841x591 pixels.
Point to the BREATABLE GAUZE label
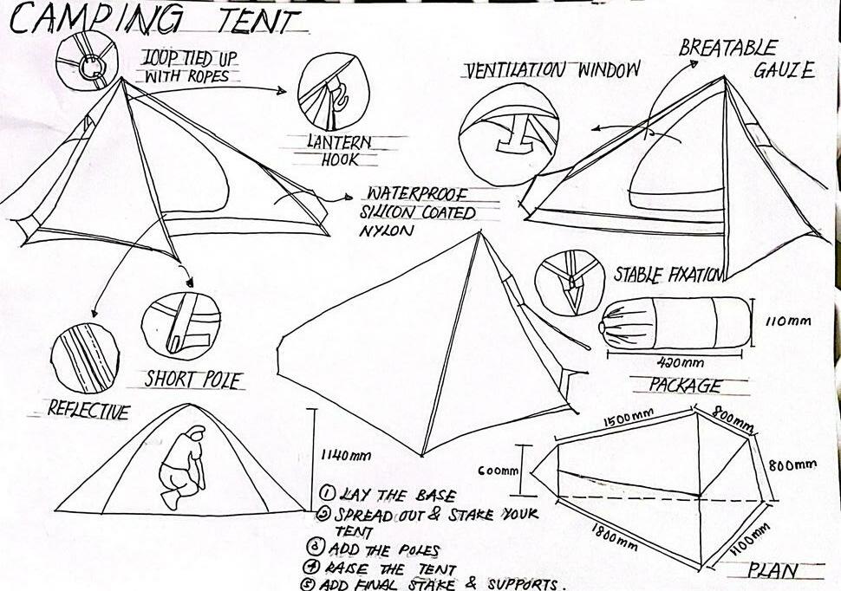coord(746,59)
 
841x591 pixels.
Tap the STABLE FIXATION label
coord(668,276)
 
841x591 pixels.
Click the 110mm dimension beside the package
coord(788,321)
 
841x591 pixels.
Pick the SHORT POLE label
coord(192,380)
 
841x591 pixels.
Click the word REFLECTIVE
coord(88,411)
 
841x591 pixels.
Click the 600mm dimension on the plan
coord(499,471)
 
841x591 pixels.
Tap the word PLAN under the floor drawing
coord(773,571)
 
